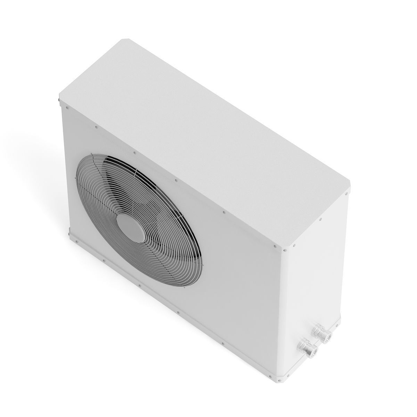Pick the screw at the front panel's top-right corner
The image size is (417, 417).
click(x=275, y=247)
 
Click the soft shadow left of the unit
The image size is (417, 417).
click(x=28, y=149)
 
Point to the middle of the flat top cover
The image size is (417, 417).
click(x=205, y=139)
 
